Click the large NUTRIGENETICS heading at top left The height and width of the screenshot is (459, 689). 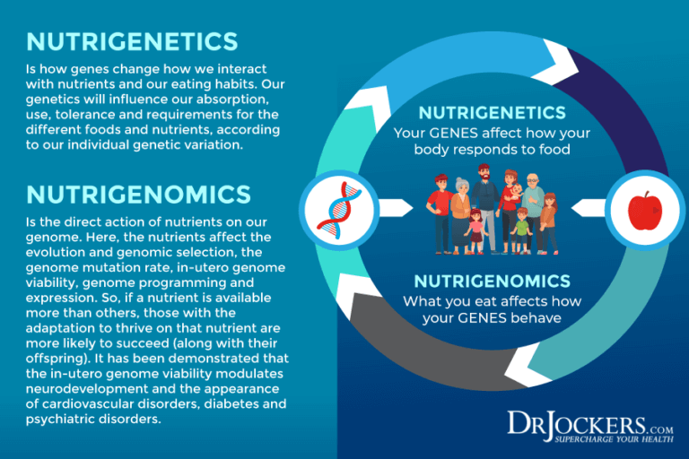[x=132, y=41]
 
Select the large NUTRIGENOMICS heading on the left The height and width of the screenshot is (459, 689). [x=138, y=194]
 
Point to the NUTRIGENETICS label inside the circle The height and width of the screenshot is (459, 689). [x=492, y=113]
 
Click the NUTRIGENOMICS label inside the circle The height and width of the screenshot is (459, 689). [x=493, y=281]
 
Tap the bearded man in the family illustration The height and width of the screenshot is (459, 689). [x=484, y=199]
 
